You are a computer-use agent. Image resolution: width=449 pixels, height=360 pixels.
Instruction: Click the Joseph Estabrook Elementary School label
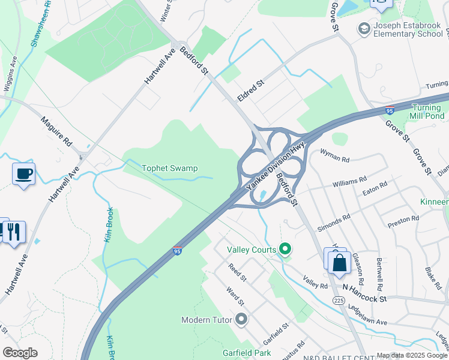408,29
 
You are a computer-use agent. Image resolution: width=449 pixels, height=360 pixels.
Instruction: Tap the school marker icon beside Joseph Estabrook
363,28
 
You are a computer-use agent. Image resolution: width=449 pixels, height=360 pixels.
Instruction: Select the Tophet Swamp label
169,169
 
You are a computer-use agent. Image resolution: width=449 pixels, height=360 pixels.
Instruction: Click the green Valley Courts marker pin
286,249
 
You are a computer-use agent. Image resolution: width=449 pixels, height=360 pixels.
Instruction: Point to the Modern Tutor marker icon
242,319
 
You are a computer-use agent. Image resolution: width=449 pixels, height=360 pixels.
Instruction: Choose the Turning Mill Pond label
427,112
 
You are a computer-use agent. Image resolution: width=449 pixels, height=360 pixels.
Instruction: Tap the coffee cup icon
23,174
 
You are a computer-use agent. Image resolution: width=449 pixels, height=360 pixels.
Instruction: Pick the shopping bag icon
339,262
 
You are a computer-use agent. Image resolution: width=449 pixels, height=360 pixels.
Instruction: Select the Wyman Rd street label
335,158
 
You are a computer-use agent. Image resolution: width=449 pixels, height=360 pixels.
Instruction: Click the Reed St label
237,272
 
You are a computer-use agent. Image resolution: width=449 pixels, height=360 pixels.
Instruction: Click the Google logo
20,353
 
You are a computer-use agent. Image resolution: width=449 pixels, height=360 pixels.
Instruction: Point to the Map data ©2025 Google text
412,355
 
